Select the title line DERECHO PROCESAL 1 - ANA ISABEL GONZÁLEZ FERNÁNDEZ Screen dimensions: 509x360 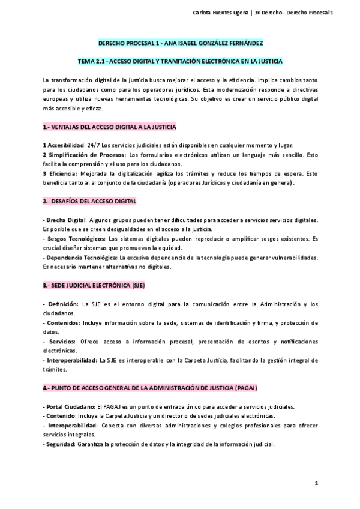coord(181,44)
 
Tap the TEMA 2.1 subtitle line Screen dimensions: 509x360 coord(181,62)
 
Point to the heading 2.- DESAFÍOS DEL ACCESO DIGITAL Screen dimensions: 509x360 coord(90,200)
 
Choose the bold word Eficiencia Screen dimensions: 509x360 coord(65,173)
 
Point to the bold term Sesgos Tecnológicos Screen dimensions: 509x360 coord(73,239)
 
